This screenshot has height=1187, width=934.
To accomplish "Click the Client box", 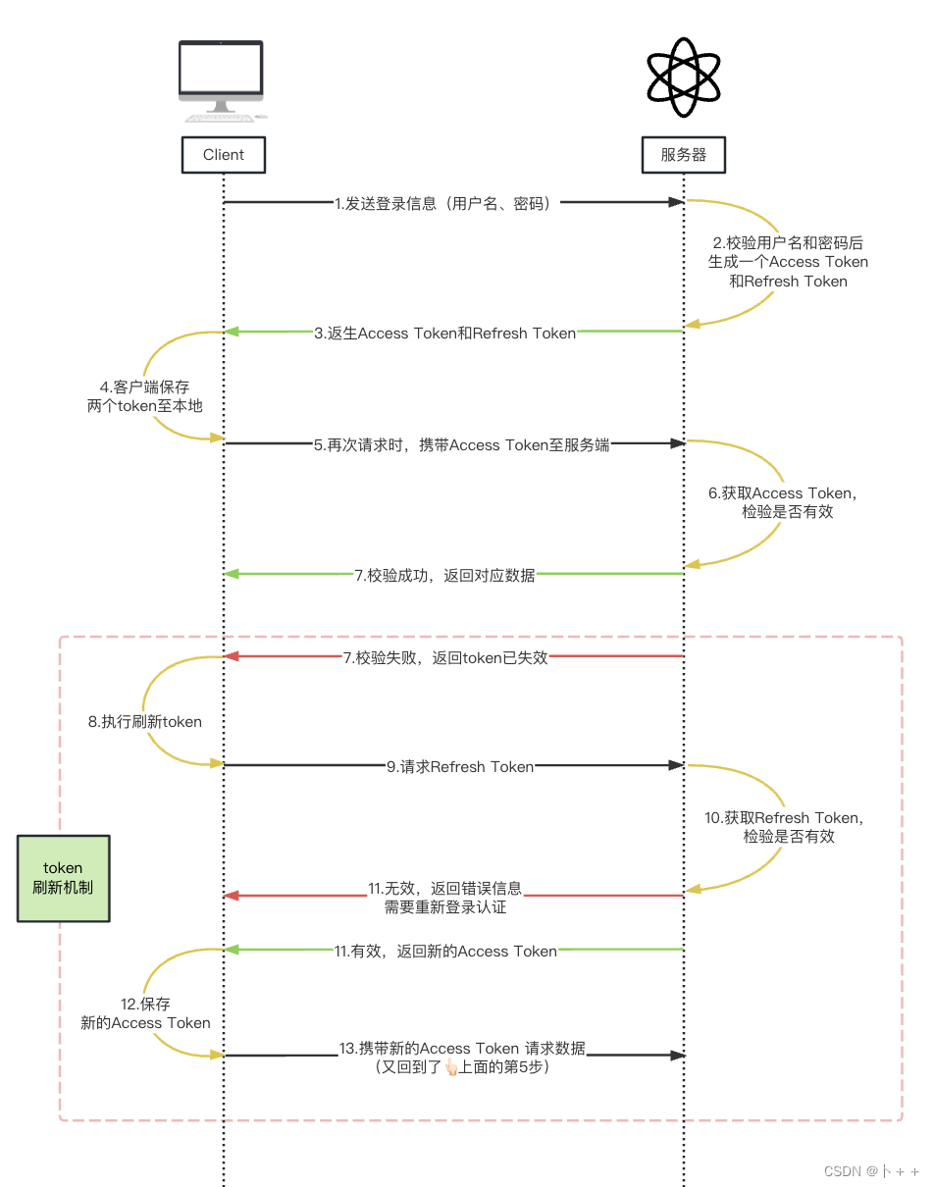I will click(224, 155).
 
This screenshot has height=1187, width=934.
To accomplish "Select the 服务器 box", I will click(684, 155).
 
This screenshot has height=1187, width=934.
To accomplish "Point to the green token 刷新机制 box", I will click(64, 878).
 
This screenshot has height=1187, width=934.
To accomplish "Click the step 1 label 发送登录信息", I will click(447, 204).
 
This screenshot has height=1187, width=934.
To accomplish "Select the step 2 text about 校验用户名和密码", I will click(788, 262).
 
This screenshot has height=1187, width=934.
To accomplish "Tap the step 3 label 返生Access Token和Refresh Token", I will click(445, 333).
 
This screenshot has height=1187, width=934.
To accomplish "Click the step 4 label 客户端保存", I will click(145, 395).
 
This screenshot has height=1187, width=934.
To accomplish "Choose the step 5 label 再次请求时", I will click(461, 444).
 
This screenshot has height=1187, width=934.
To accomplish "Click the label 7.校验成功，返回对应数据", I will click(445, 575).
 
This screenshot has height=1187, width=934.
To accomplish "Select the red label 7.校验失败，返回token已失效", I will click(445, 657).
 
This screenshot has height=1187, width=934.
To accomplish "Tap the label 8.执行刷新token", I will click(145, 722).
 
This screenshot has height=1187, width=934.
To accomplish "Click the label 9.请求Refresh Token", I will click(460, 766).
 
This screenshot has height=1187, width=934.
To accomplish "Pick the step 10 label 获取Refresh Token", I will click(785, 827).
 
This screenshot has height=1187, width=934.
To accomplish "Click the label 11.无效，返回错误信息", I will click(445, 898).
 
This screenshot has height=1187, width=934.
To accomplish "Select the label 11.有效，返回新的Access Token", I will click(445, 951).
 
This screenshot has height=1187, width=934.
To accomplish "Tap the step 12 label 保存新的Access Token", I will click(145, 1013).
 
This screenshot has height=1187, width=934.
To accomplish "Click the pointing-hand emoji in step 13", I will click(452, 1067).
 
